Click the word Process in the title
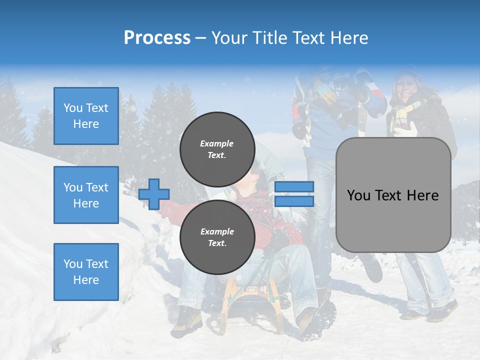(157, 38)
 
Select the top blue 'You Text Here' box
(86, 116)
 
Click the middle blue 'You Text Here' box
(86, 195)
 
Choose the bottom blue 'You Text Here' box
(86, 271)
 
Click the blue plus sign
(154, 194)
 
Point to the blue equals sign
(294, 194)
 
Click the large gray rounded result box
(393, 195)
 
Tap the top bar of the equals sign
(294, 187)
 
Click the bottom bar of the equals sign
(294, 201)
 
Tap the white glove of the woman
(406, 129)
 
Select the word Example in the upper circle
(217, 143)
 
